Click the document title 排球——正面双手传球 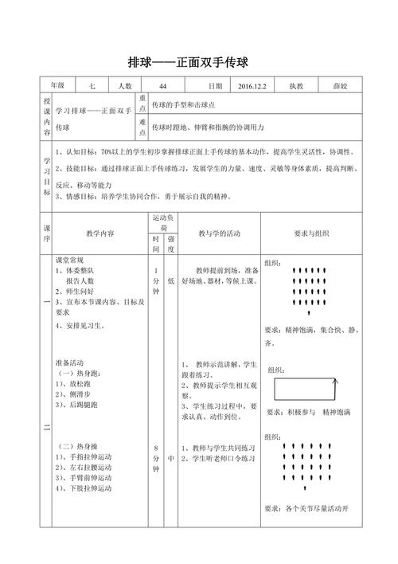coord(198,61)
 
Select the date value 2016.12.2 coord(254,86)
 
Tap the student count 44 coord(163,86)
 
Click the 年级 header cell coord(58,86)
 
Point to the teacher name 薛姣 coord(337,86)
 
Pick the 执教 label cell coord(297,86)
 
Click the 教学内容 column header coord(100,233)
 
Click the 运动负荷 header coord(164,222)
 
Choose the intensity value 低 coord(171,281)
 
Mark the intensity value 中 coord(171,458)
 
